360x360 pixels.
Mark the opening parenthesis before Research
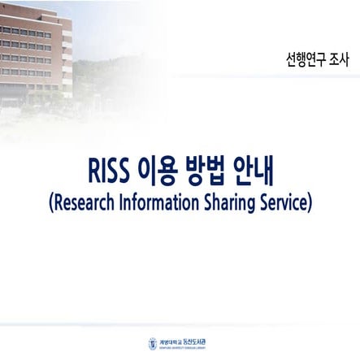tap(51, 201)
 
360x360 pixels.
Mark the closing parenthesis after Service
tap(310, 201)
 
